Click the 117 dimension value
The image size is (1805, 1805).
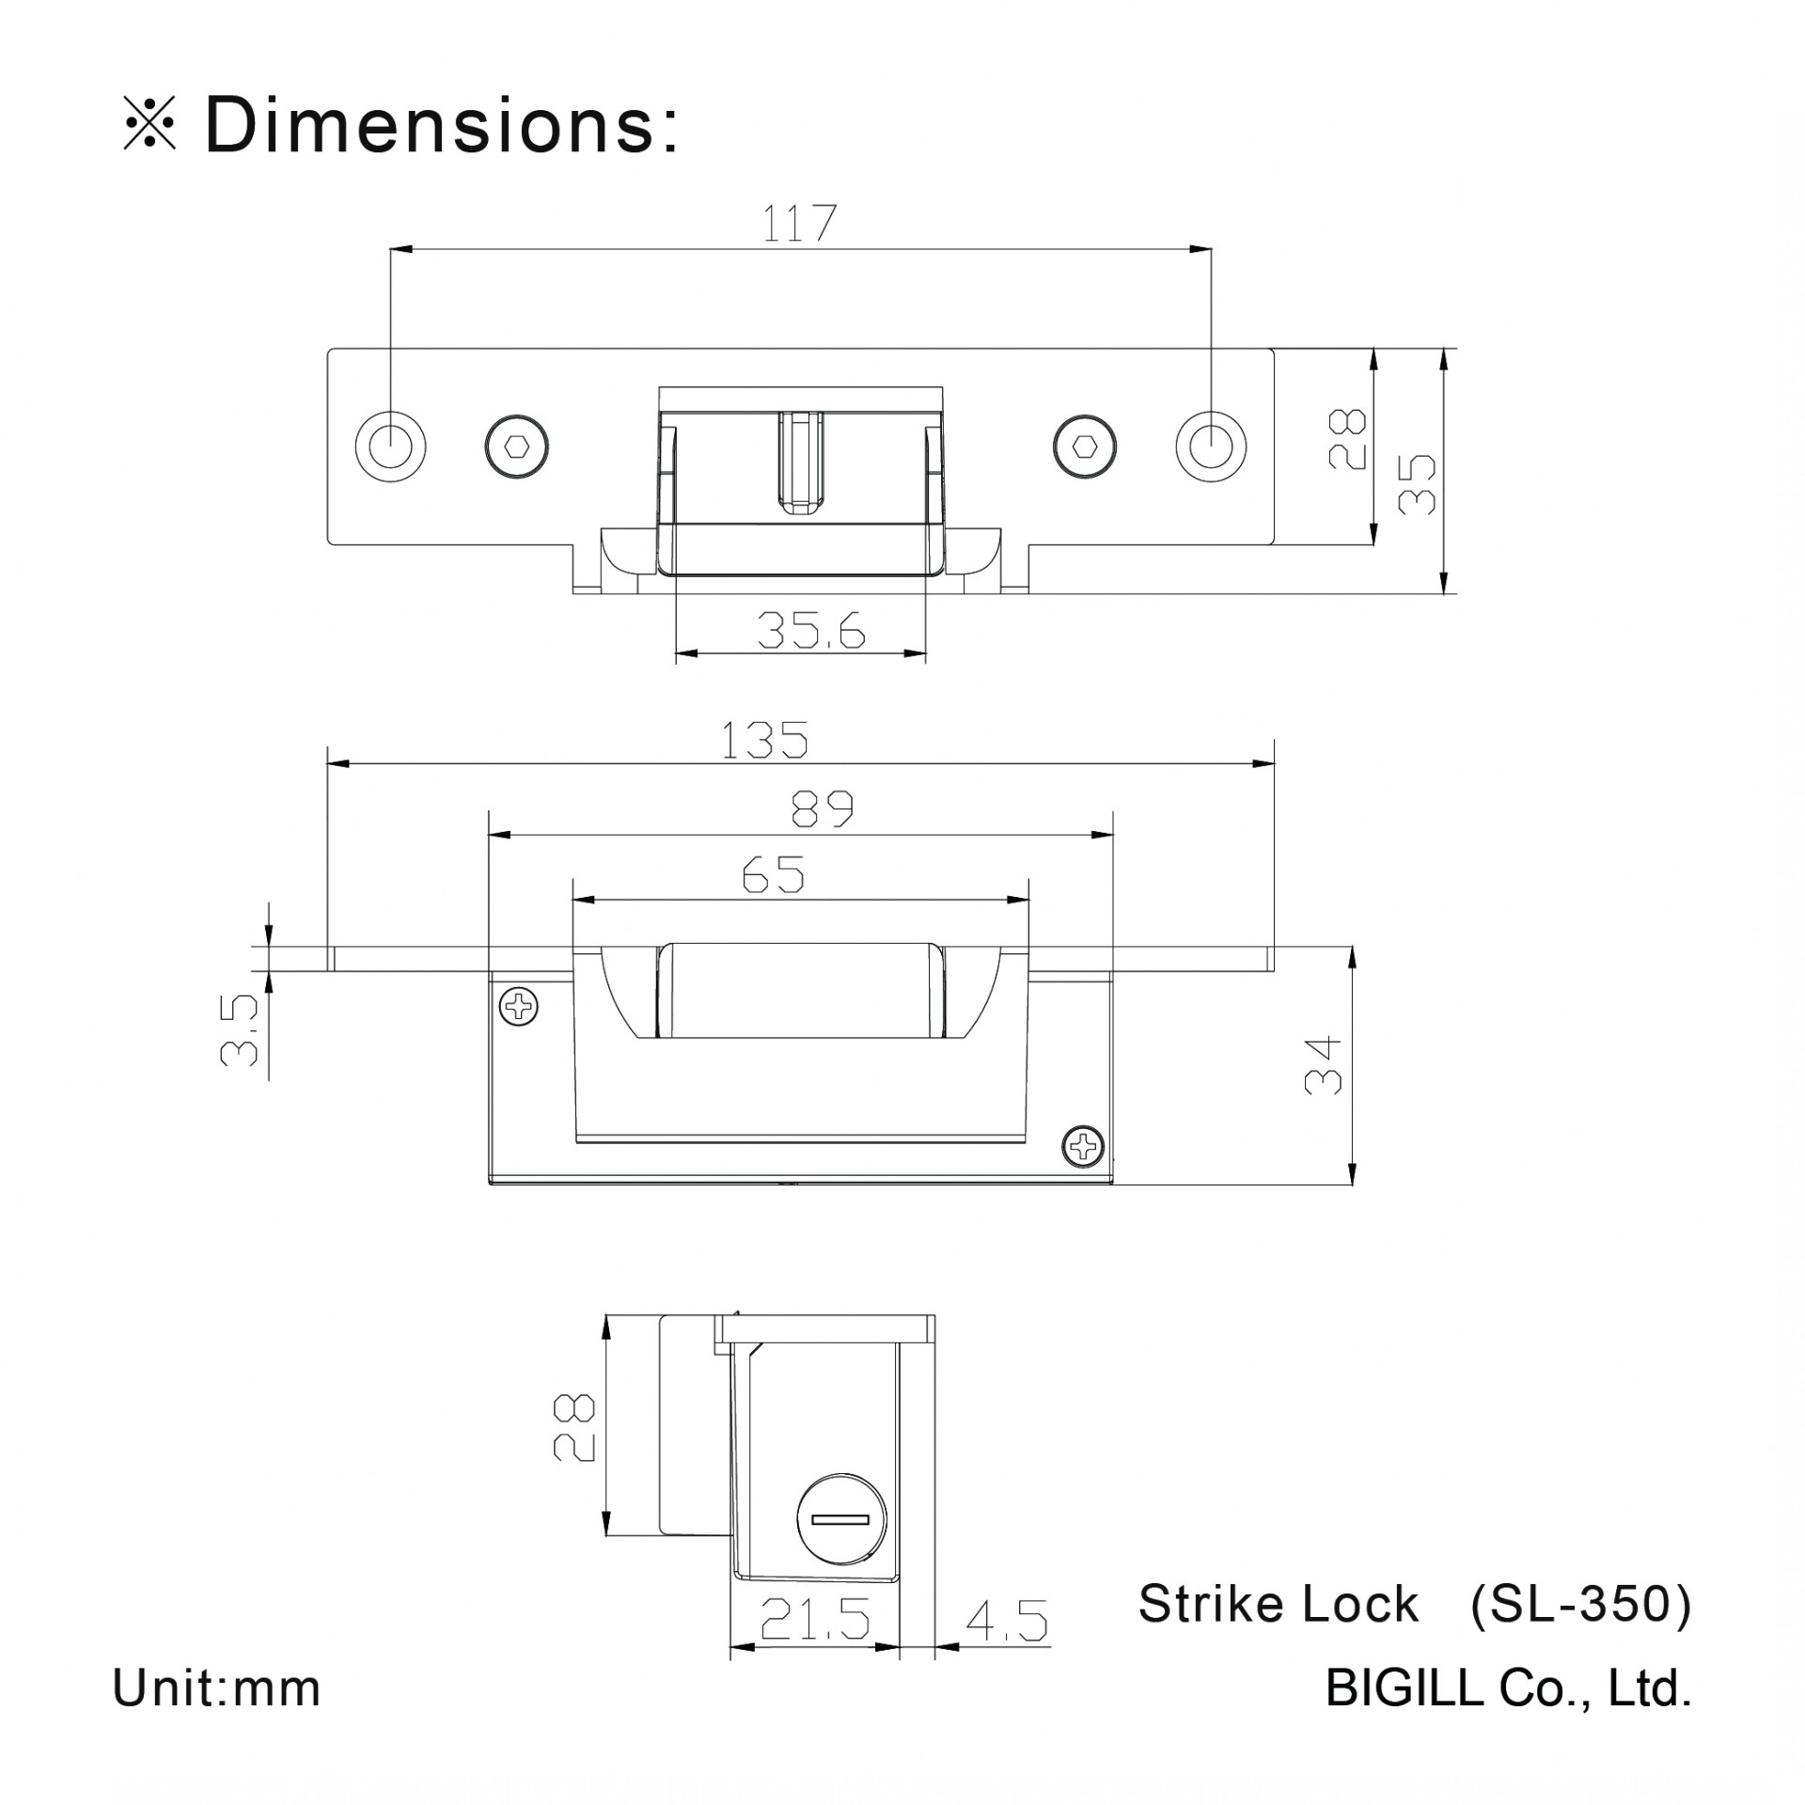click(x=799, y=224)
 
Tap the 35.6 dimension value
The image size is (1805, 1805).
click(x=810, y=631)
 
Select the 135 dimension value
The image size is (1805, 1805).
click(x=764, y=740)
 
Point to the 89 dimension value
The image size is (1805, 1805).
click(x=822, y=809)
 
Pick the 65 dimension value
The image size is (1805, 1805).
click(x=773, y=875)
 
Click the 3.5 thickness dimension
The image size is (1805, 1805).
click(x=240, y=1030)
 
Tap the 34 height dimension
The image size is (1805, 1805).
click(x=1323, y=1066)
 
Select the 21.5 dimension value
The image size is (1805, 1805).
click(x=815, y=1618)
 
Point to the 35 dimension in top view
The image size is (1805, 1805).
click(x=1417, y=484)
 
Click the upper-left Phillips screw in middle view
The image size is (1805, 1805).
click(x=519, y=1007)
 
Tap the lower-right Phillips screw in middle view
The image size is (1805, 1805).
click(x=1084, y=1145)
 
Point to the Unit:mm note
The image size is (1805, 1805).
click(x=216, y=1688)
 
